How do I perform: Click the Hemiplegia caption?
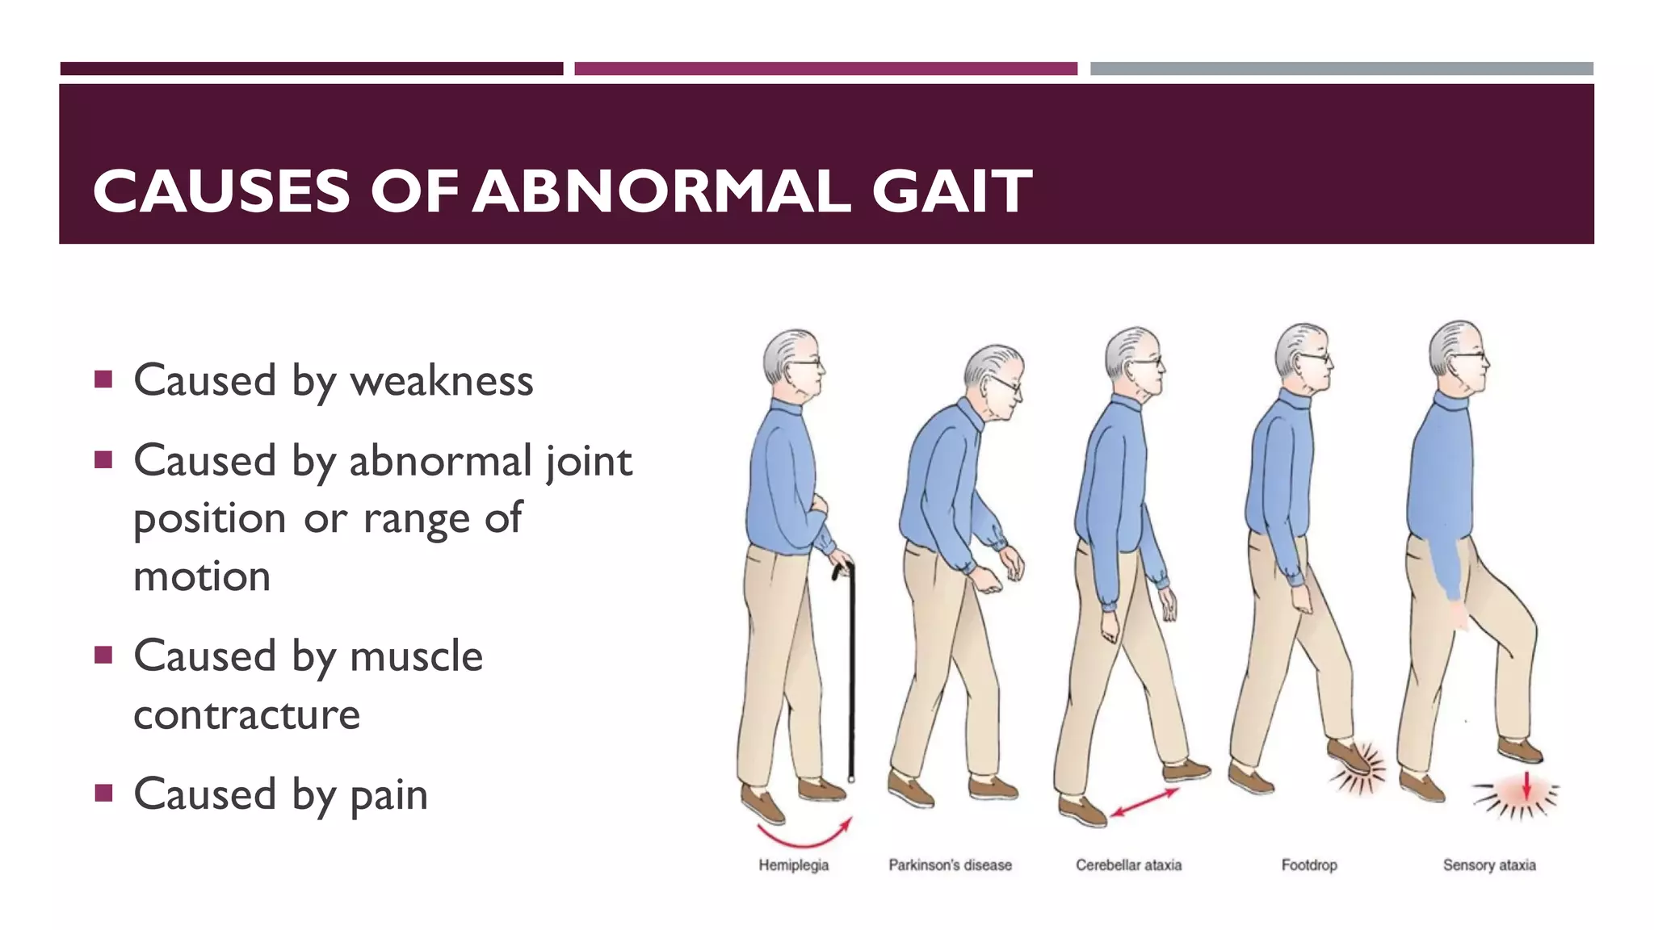tap(793, 865)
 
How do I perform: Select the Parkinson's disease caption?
tap(950, 865)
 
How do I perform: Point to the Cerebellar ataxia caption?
tap(1128, 865)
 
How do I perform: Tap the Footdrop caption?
tap(1309, 865)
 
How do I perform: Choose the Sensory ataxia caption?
tap(1489, 865)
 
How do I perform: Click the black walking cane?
tap(850, 670)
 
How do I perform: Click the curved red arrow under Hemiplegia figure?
tap(804, 835)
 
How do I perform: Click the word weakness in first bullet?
tap(442, 380)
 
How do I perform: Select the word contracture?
tap(246, 714)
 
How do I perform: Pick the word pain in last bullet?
tap(388, 794)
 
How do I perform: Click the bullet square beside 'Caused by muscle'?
tap(103, 654)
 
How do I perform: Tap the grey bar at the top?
tap(1341, 69)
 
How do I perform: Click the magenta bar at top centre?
tap(825, 69)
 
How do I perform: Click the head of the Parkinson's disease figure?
tap(993, 379)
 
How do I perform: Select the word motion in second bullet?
tap(202, 576)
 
